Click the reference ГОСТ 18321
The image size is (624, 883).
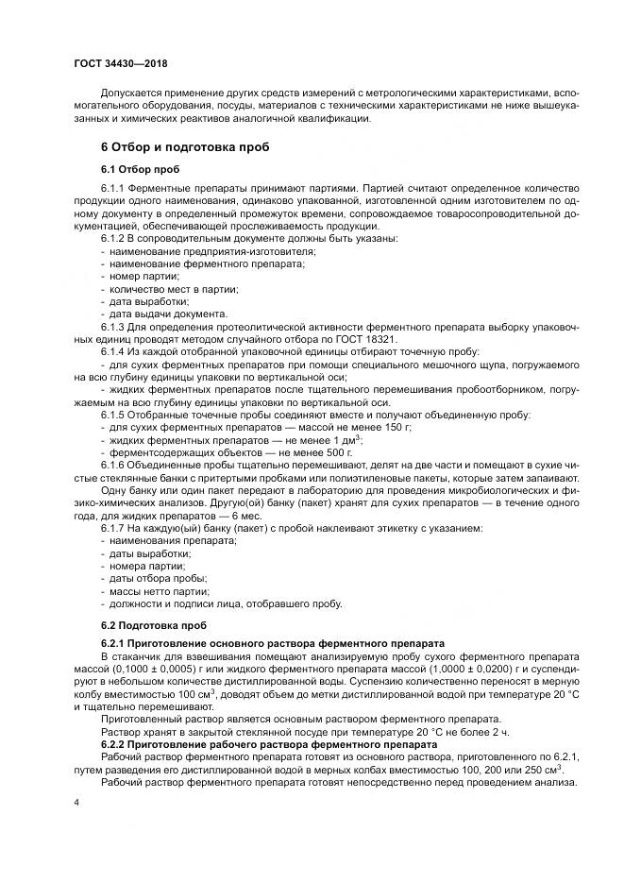click(x=370, y=337)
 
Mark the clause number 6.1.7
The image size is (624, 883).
click(x=115, y=529)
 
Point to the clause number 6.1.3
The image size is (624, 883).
click(x=115, y=326)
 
